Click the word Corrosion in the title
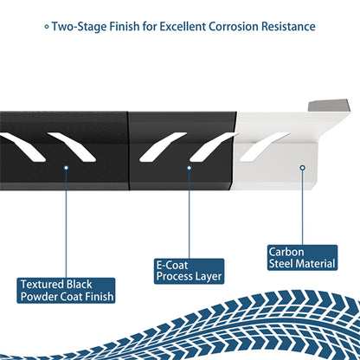(234, 27)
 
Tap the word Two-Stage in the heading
(80, 27)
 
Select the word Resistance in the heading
(288, 27)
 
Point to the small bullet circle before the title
(47, 27)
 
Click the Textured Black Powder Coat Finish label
(66, 291)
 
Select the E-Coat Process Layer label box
(189, 271)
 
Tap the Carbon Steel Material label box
(302, 258)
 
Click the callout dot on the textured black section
(66, 168)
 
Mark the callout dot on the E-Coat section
(190, 168)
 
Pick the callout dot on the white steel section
(302, 168)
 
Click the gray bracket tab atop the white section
(329, 106)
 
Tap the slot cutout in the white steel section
(264, 147)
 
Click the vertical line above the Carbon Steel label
(302, 208)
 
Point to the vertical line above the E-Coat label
(190, 214)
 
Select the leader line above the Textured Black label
(66, 224)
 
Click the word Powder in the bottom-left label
(36, 297)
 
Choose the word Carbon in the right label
(286, 252)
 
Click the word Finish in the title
(125, 27)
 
